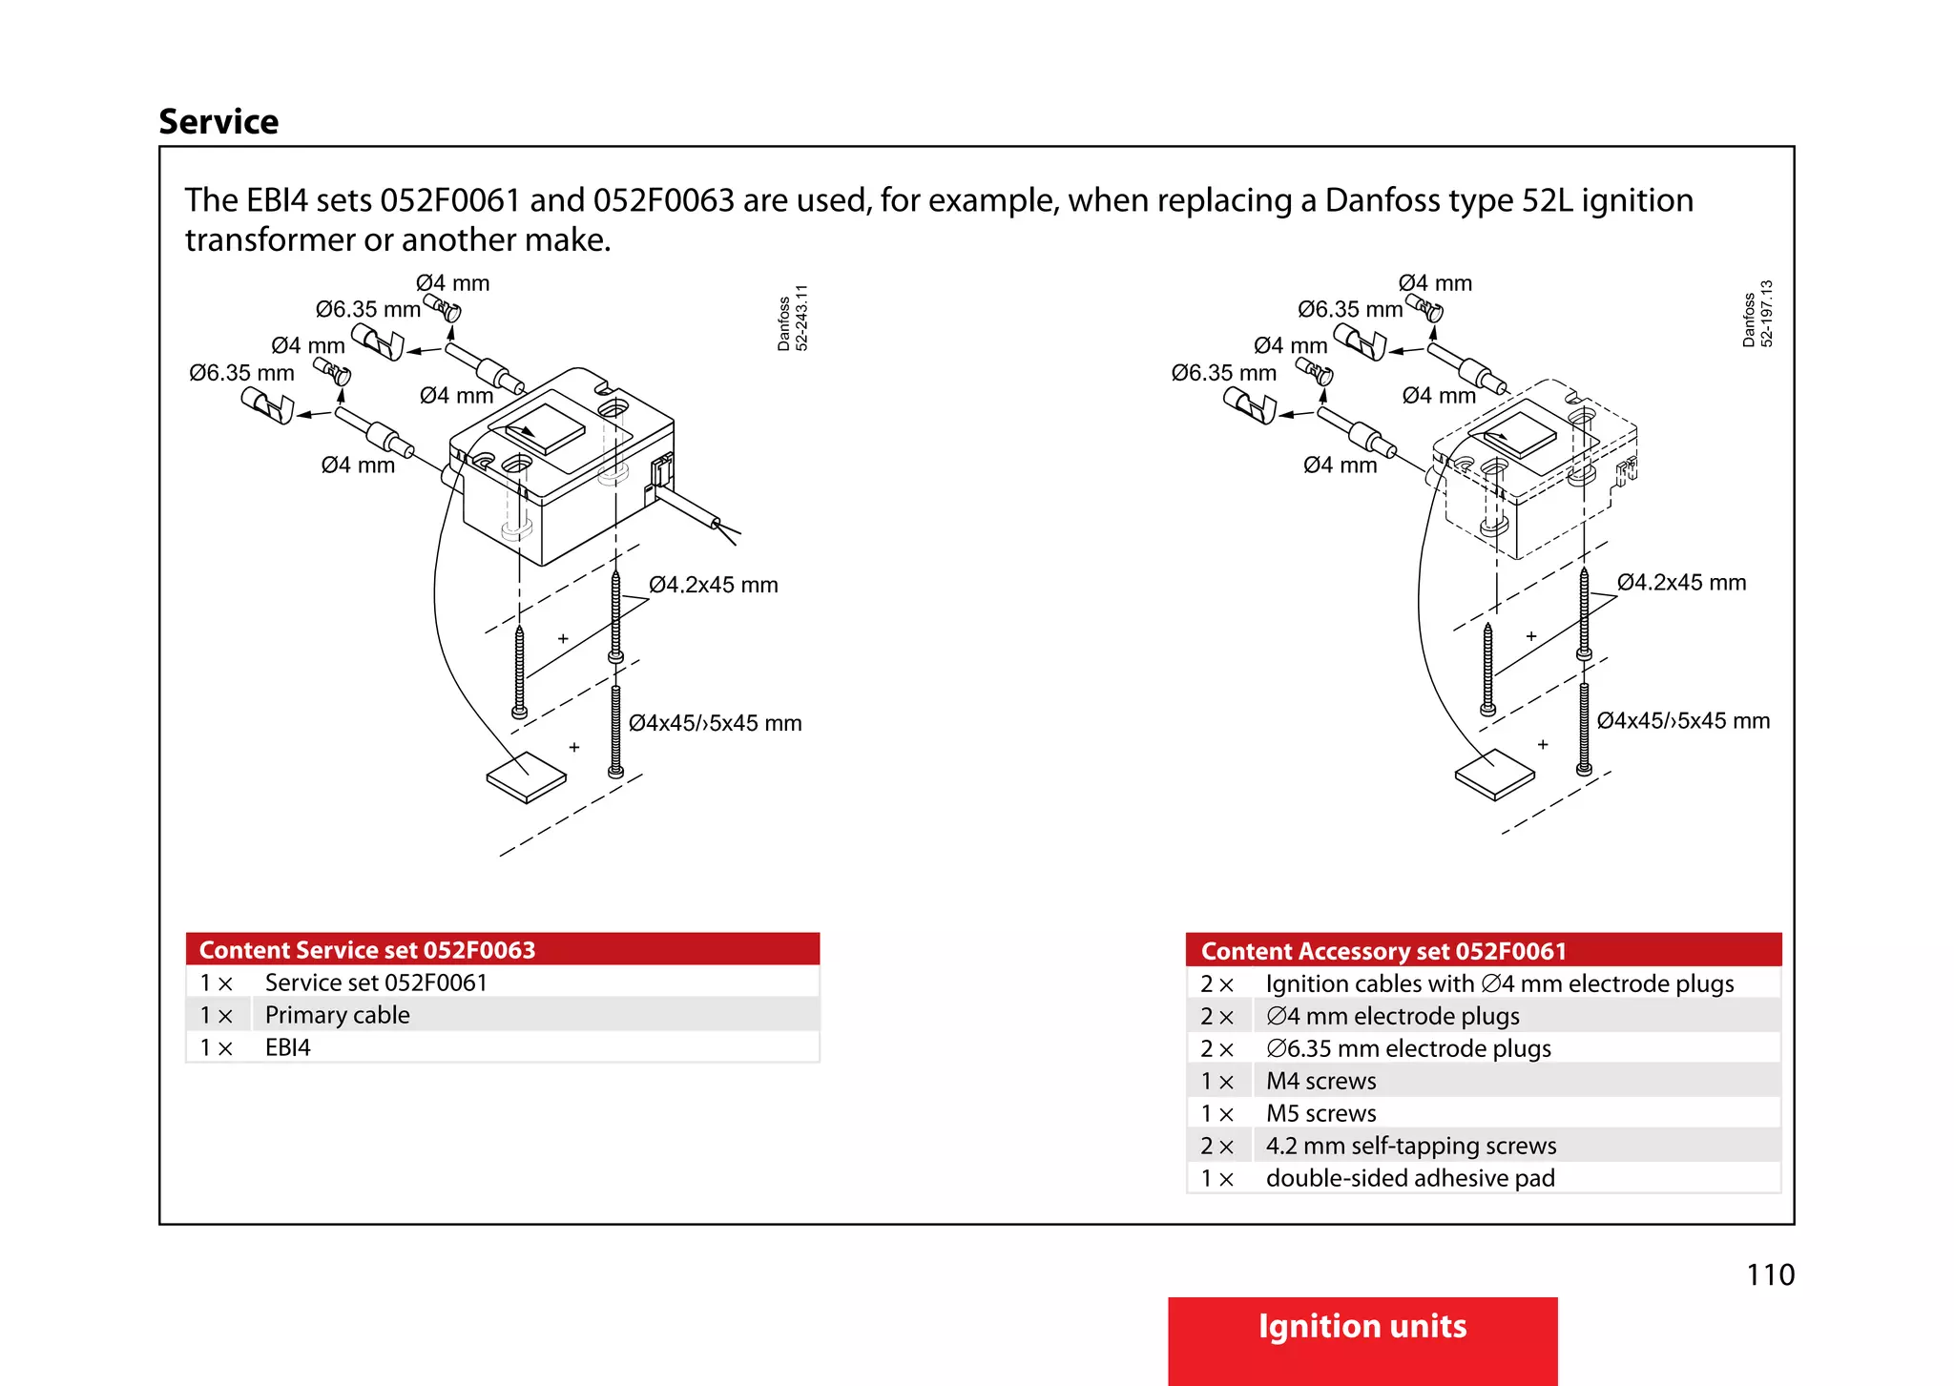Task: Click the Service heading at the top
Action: click(218, 122)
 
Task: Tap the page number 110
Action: click(1770, 1274)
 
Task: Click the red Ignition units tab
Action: click(1362, 1328)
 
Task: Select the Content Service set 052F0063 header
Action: click(367, 950)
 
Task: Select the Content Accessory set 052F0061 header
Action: click(1383, 951)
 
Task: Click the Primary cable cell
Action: click(338, 1015)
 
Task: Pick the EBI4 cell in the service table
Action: click(288, 1047)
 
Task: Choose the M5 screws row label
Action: click(1320, 1113)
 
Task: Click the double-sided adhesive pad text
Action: click(1410, 1178)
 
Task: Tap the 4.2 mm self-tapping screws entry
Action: click(1410, 1146)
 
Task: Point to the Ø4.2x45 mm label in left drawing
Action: click(714, 585)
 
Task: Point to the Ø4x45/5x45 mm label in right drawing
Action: click(1683, 721)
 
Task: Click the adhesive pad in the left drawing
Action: click(526, 777)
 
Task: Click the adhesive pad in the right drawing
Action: click(1494, 775)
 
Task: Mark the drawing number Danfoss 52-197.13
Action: click(1757, 314)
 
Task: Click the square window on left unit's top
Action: click(545, 427)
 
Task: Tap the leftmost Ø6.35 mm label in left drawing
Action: click(241, 373)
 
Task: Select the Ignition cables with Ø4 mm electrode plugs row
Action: click(1499, 983)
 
